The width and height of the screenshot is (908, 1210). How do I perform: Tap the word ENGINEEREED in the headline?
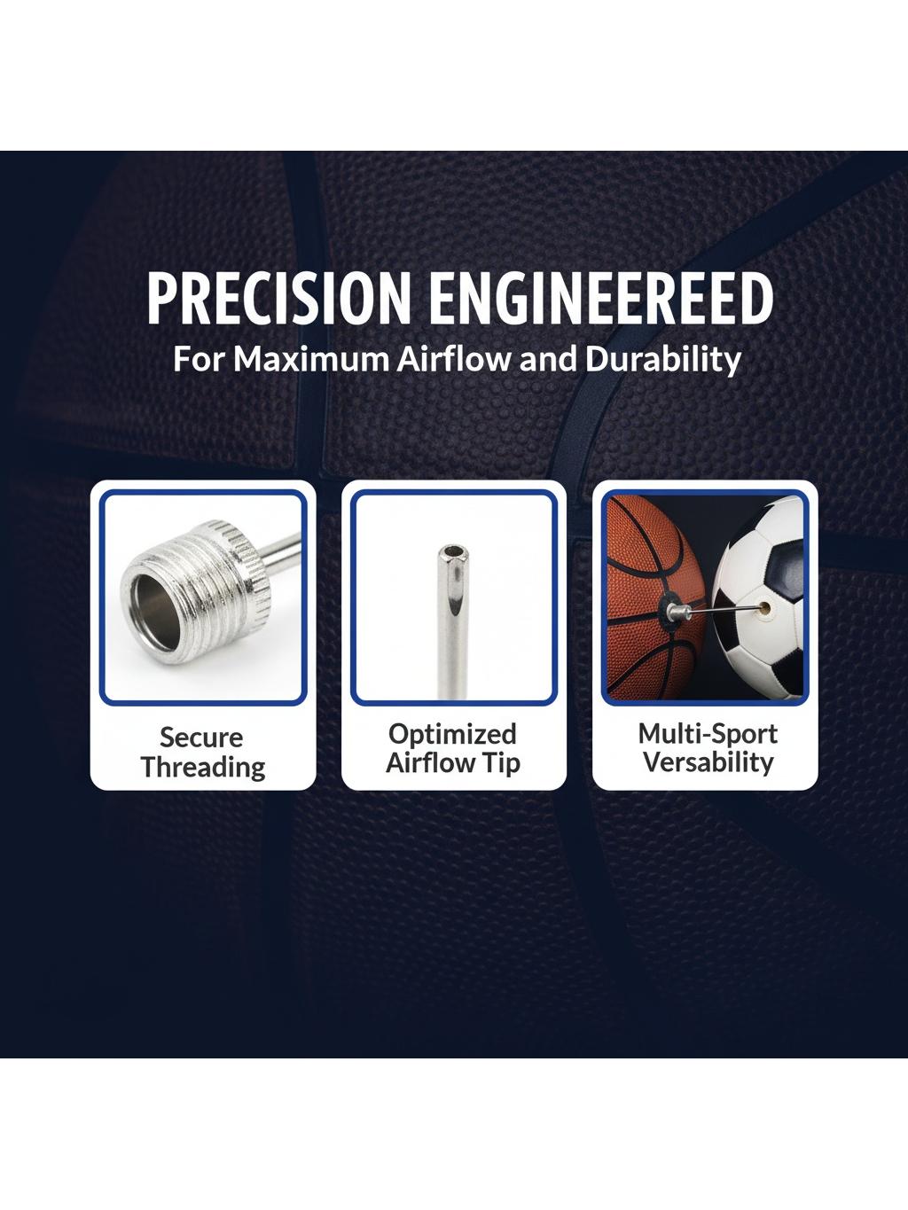click(601, 298)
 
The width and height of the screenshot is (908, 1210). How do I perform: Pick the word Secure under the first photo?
click(201, 738)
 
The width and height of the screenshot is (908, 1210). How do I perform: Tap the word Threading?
click(203, 769)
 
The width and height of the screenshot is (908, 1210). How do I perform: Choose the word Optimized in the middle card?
click(452, 735)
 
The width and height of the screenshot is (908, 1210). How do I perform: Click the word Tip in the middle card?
click(502, 764)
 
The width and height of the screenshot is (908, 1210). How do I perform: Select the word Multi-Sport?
click(708, 734)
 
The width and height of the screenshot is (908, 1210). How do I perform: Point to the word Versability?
click(708, 761)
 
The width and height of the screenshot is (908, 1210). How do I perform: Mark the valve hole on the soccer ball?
click(764, 607)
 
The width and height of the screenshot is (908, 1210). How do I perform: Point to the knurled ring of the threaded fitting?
click(249, 554)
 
